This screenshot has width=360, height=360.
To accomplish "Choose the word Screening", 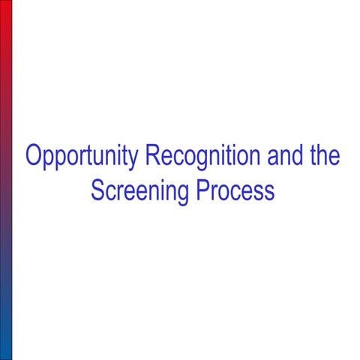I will [x=140, y=191].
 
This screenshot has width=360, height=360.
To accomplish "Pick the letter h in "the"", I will [x=322, y=157].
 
